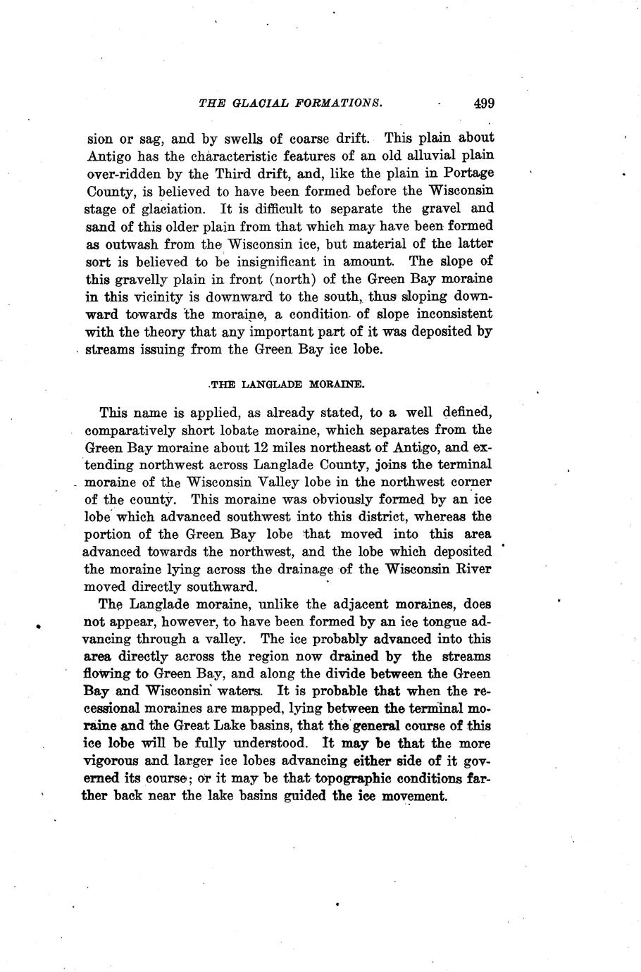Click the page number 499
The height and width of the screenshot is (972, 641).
[484, 104]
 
